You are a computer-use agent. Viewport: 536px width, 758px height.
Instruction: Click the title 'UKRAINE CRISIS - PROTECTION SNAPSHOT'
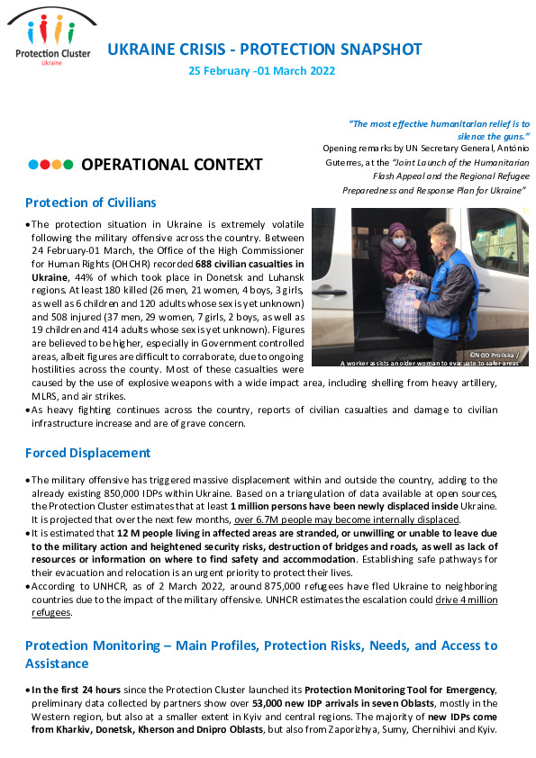pyautogui.click(x=264, y=50)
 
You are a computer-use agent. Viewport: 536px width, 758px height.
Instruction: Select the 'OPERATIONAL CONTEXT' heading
pyautogui.click(x=171, y=165)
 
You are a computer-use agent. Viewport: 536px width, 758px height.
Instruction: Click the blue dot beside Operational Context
pyautogui.click(x=33, y=165)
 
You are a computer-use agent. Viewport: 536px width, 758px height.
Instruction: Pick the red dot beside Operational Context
pyautogui.click(x=45, y=165)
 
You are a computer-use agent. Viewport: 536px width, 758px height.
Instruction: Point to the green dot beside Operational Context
pyautogui.click(x=68, y=165)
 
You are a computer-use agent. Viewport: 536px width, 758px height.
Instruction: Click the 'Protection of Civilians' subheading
pyautogui.click(x=90, y=203)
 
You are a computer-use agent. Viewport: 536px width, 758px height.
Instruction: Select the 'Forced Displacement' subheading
pyautogui.click(x=87, y=453)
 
